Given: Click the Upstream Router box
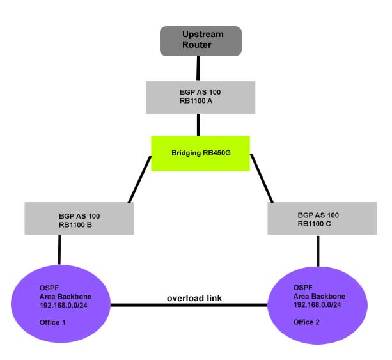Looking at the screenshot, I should click(x=200, y=42).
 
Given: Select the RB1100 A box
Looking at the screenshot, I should click(x=200, y=97).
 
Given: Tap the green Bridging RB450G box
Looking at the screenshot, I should click(x=200, y=153).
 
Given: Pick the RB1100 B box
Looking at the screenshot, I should click(x=79, y=219).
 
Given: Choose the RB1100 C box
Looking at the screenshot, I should click(x=318, y=219).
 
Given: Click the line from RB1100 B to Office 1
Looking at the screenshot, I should click(x=59, y=249).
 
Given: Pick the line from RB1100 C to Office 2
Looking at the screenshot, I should click(x=318, y=250).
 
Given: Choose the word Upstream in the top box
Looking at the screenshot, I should click(x=200, y=34).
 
